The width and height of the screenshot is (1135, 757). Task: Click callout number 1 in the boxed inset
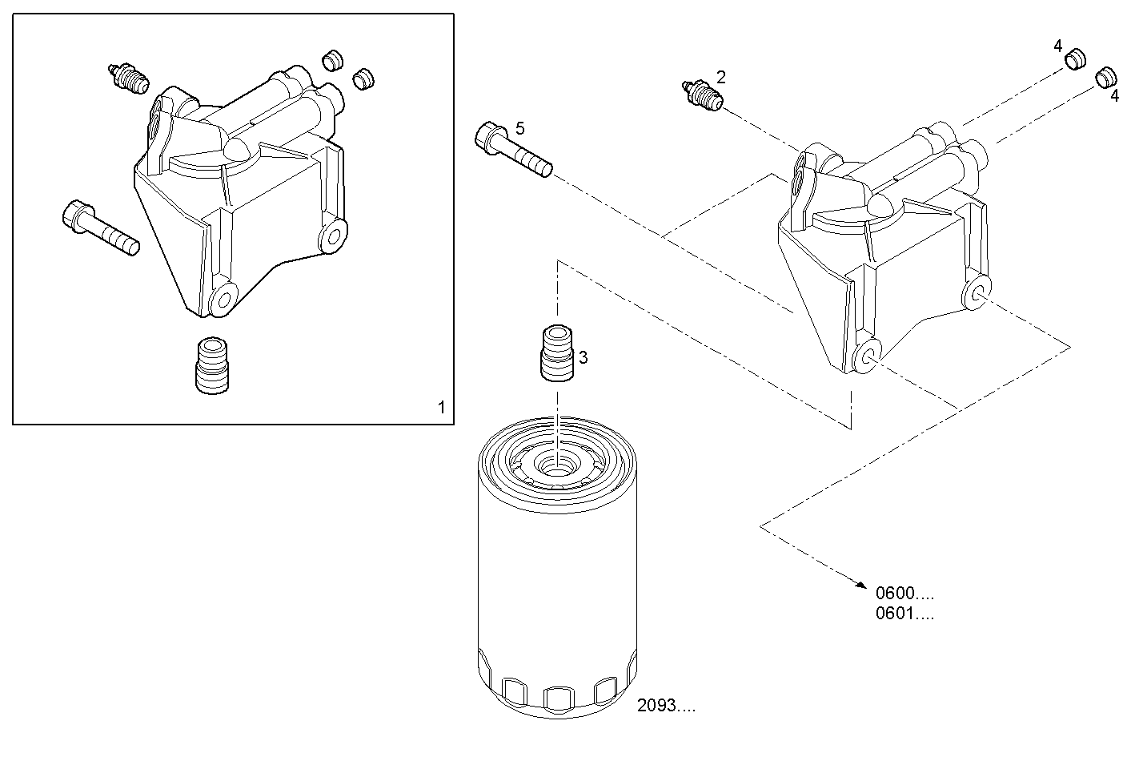[x=441, y=407]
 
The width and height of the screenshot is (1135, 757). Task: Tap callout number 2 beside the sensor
[x=720, y=78]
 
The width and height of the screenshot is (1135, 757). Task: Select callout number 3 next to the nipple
[x=584, y=357]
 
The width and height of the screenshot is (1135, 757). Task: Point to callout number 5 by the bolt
[x=520, y=128]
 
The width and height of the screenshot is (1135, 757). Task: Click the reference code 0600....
[x=904, y=594]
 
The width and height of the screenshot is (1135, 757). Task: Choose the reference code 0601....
[x=904, y=614]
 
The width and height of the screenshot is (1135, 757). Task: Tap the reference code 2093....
[x=666, y=706]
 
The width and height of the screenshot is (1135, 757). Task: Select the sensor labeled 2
[x=701, y=95]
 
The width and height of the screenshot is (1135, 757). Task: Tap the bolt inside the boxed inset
[x=100, y=228]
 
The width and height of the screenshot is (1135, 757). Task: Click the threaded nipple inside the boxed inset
[x=212, y=364]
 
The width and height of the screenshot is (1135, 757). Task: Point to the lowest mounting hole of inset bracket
[x=222, y=300]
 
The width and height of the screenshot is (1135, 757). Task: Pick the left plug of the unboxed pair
[x=1075, y=58]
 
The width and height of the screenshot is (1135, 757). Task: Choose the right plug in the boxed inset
[x=364, y=78]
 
